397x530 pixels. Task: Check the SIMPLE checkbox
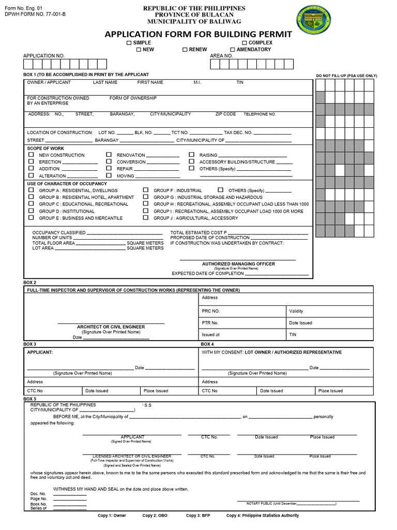click(x=129, y=42)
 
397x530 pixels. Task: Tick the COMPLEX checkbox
click(x=245, y=42)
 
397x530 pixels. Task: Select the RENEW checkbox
click(x=185, y=50)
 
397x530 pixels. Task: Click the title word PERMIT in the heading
click(x=269, y=34)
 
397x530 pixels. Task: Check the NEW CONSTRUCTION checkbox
click(x=31, y=155)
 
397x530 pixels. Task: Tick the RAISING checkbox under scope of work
click(x=191, y=155)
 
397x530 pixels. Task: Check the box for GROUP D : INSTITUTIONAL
click(x=31, y=211)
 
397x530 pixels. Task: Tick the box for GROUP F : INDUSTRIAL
click(x=146, y=190)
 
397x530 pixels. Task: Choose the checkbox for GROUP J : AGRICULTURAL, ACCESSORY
click(x=146, y=218)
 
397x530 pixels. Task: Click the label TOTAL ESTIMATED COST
click(x=198, y=232)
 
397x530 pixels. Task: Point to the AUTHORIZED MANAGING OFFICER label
click(x=238, y=264)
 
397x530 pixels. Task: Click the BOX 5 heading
click(x=30, y=399)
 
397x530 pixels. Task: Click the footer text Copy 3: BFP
click(x=198, y=516)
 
